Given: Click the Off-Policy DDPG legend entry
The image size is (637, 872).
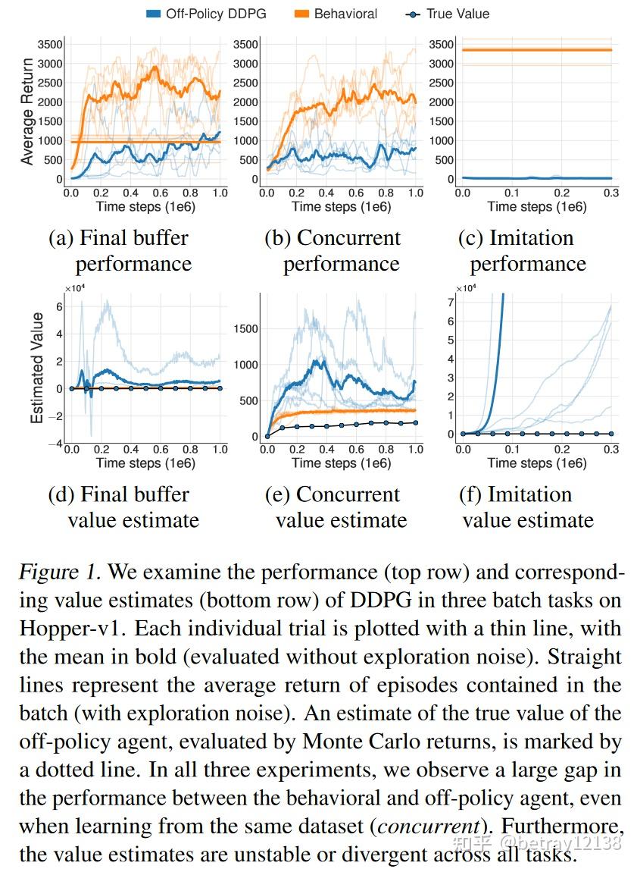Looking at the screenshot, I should [x=206, y=14].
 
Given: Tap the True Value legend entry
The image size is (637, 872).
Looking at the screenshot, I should [x=448, y=14].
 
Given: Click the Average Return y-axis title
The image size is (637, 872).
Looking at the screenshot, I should [x=27, y=111].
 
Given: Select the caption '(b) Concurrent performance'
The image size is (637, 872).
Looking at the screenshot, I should [x=333, y=251].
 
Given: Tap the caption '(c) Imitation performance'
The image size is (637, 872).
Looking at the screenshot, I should [x=523, y=251].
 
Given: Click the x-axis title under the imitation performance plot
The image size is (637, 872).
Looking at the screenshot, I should [x=536, y=207].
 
